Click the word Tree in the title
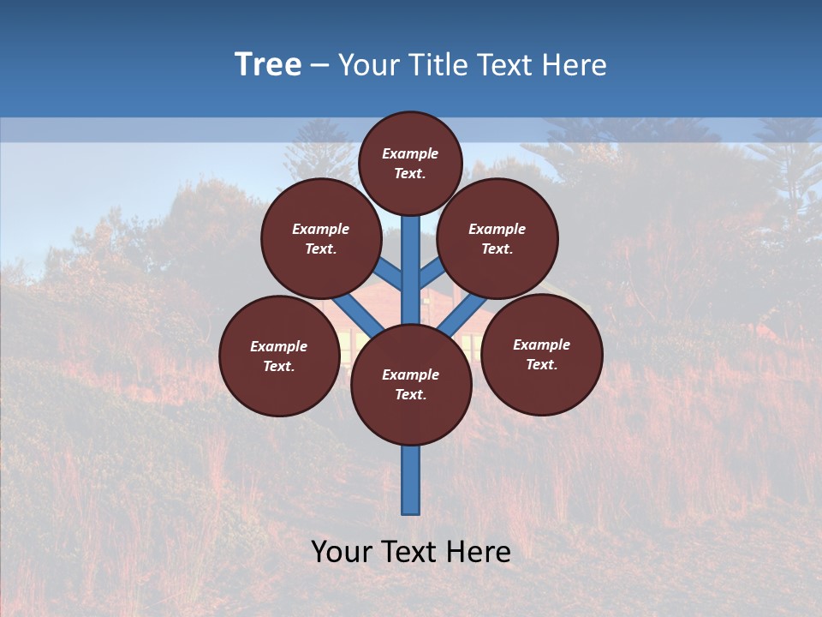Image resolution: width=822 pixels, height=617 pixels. pyautogui.click(x=268, y=64)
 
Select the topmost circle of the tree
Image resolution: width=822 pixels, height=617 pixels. pyautogui.click(x=410, y=163)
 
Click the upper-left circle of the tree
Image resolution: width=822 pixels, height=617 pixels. pyautogui.click(x=320, y=238)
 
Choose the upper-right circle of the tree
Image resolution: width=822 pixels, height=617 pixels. pyautogui.click(x=497, y=238)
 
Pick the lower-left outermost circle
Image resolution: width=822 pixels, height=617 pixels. pyautogui.click(x=279, y=356)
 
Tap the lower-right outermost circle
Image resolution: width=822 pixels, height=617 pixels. pyautogui.click(x=541, y=354)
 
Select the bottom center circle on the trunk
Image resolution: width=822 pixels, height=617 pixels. pyautogui.click(x=411, y=385)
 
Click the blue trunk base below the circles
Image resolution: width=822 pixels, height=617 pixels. pyautogui.click(x=411, y=480)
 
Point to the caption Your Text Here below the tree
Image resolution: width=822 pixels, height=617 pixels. pyautogui.click(x=411, y=552)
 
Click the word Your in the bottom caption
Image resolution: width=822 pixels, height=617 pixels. pyautogui.click(x=342, y=552)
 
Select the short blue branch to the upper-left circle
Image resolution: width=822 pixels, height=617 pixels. pyautogui.click(x=390, y=275)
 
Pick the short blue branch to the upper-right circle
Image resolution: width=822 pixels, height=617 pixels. pyautogui.click(x=431, y=274)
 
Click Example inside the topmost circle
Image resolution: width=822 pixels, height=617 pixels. pyautogui.click(x=410, y=153)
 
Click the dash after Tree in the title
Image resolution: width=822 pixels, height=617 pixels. pyautogui.click(x=319, y=65)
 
